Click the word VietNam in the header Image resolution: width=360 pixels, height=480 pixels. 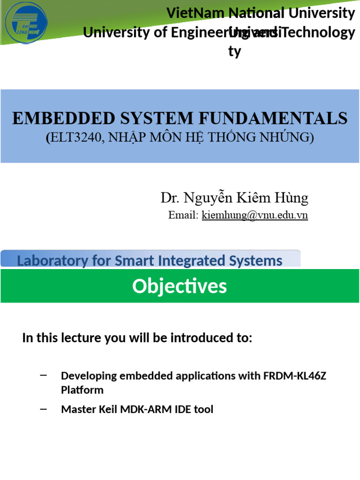click(x=194, y=14)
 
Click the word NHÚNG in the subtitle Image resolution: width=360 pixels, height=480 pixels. click(x=287, y=137)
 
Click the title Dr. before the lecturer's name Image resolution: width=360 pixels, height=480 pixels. click(x=170, y=198)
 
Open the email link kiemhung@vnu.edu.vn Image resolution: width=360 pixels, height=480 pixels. click(x=255, y=216)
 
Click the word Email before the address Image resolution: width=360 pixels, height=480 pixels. click(x=183, y=216)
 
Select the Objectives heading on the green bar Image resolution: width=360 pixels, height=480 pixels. click(x=180, y=286)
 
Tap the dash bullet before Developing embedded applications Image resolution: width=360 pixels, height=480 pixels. click(x=44, y=375)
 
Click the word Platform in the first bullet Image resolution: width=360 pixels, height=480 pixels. click(x=82, y=390)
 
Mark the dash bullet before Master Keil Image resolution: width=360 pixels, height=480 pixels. click(x=44, y=409)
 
